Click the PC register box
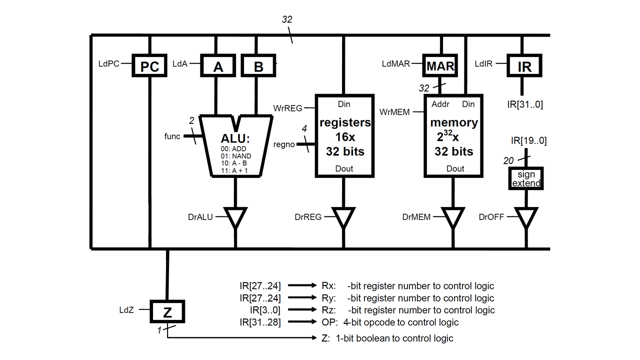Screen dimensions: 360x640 pos(149,66)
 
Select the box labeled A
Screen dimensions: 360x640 pos(218,66)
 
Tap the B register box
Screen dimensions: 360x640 pos(258,66)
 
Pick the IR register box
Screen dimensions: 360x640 pos(524,66)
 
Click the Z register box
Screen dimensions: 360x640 pos(167,312)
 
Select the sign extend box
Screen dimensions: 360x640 pos(526,179)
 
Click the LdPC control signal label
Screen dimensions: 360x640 pos(109,64)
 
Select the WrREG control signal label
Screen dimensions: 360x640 pos(288,108)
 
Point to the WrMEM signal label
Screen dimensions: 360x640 pos(394,112)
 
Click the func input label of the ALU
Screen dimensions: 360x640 pos(172,136)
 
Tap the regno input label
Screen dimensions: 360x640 pos(284,145)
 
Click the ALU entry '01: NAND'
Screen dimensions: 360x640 pos(235,156)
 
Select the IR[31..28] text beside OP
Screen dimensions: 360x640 pos(260,322)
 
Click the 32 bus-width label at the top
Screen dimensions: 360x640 pos(287,20)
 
